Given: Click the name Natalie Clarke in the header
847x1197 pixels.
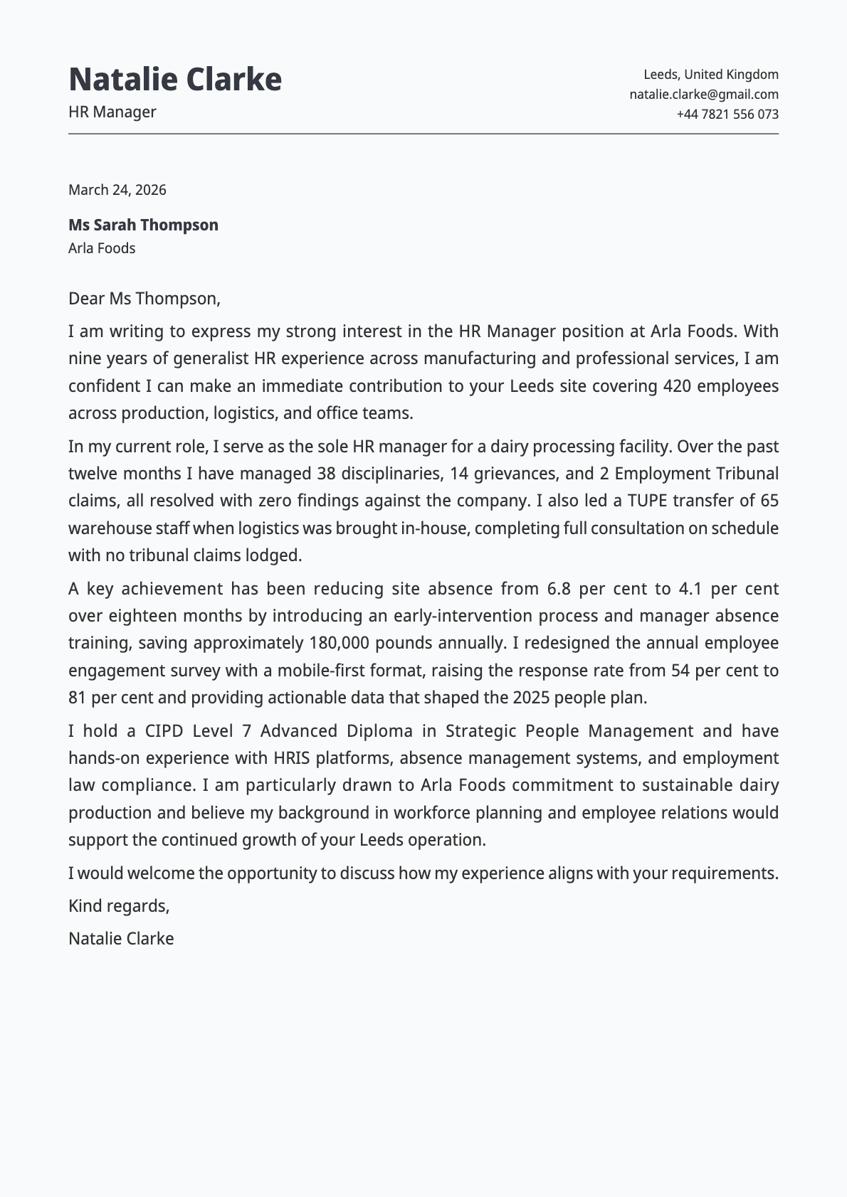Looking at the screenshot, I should coord(175,79).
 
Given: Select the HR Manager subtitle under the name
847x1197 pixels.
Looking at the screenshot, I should coord(112,112).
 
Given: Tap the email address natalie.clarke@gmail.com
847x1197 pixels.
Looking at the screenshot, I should coord(703,94).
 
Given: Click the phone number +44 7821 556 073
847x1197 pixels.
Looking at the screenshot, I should coord(727,114).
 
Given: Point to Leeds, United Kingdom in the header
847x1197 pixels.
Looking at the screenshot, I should coord(710,74).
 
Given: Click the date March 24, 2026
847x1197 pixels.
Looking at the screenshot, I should coord(117,190).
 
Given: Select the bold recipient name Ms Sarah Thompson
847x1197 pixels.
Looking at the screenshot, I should coord(143,225).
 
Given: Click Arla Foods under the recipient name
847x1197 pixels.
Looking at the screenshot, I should coord(102,248).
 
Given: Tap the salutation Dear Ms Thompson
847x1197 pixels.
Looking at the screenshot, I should coord(144,298).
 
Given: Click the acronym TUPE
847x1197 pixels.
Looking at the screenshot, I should coord(646,501).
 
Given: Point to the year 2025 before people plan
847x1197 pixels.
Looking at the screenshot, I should coord(531,697).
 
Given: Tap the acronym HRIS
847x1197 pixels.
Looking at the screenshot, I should coord(292,758).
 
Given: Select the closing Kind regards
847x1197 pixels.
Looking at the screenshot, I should coord(118,905).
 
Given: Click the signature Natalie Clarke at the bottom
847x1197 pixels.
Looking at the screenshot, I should coord(121,938).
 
